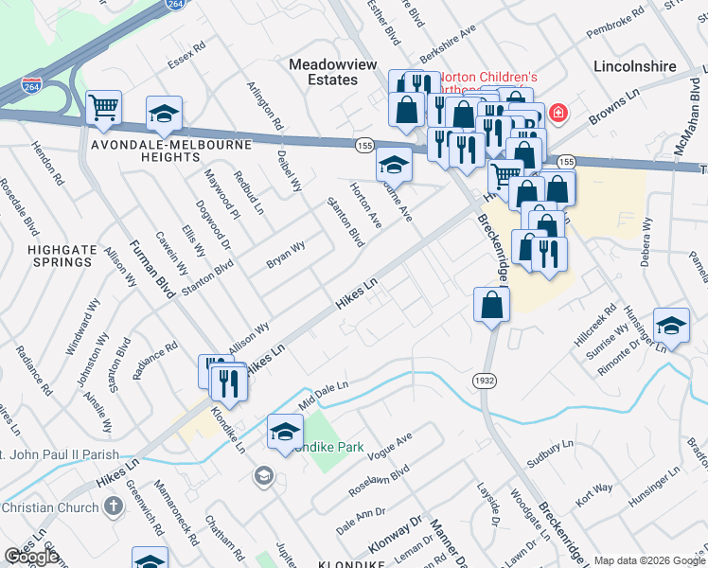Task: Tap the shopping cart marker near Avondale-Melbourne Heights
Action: (x=104, y=108)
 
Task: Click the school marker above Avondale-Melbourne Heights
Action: (x=164, y=114)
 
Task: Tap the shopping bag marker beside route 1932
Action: (x=492, y=305)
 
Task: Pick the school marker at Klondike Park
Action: (x=285, y=432)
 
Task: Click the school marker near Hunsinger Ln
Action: (x=671, y=326)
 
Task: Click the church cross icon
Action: (x=112, y=505)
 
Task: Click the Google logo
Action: (x=31, y=557)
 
